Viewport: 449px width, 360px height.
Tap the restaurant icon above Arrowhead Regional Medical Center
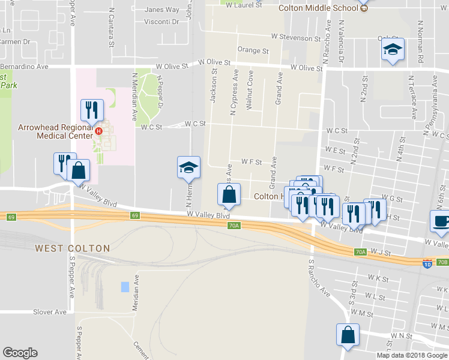pos(92,110)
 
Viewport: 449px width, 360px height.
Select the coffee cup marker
pos(441,221)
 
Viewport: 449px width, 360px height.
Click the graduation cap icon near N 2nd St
pos(393,50)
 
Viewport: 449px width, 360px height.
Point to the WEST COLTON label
pos(72,248)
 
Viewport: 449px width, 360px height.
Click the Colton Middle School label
pos(318,8)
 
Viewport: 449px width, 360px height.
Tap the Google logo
pos(20,353)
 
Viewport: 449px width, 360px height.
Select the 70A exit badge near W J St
pos(360,253)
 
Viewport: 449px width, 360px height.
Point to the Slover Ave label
pos(50,312)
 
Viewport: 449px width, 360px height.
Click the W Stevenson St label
pos(295,38)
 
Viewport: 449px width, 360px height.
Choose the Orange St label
pos(252,50)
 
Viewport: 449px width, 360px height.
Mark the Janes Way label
pos(162,10)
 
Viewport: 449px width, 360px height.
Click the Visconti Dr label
pos(162,22)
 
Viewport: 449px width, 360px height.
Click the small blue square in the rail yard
pos(124,287)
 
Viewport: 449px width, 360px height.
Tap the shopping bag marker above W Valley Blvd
pos(229,194)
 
